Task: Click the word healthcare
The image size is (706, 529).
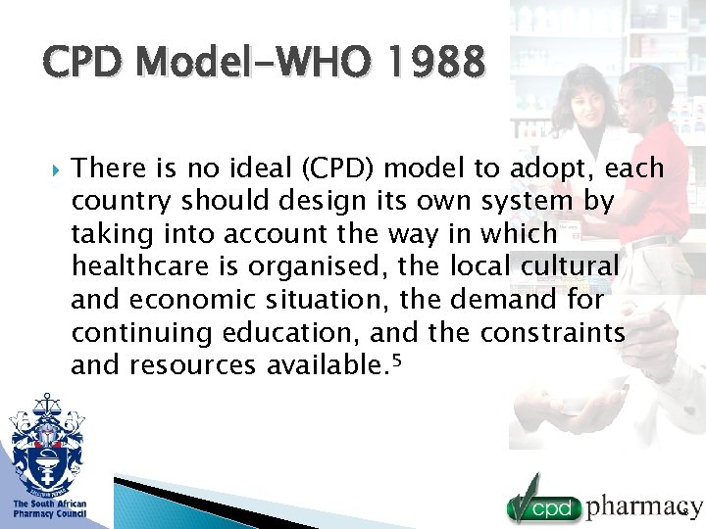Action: click(140, 266)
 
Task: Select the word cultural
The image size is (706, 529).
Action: click(568, 266)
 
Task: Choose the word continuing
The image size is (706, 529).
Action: click(141, 333)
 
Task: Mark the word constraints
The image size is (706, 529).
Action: click(553, 333)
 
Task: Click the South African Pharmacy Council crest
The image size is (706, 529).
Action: click(46, 444)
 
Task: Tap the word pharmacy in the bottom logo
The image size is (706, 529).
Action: click(643, 506)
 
